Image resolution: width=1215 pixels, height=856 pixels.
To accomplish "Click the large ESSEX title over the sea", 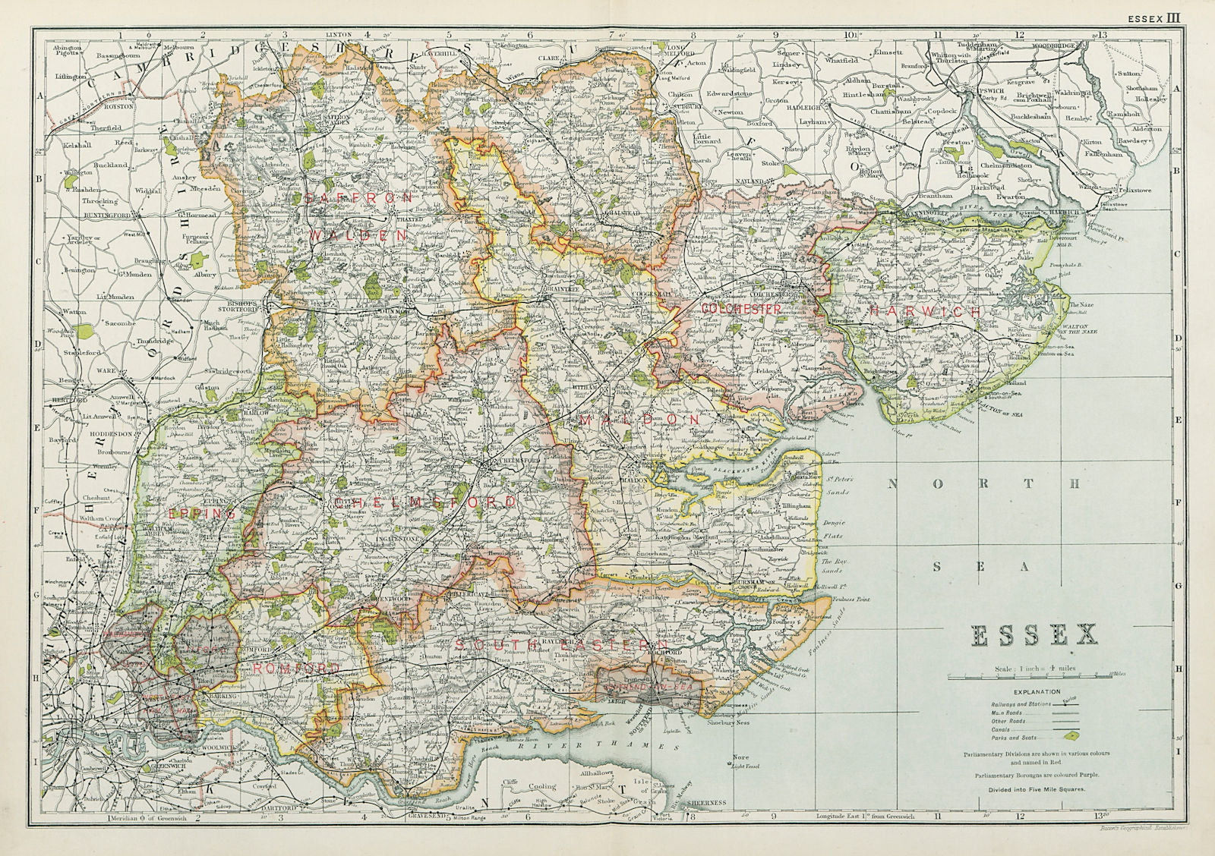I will pos(1034,635).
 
